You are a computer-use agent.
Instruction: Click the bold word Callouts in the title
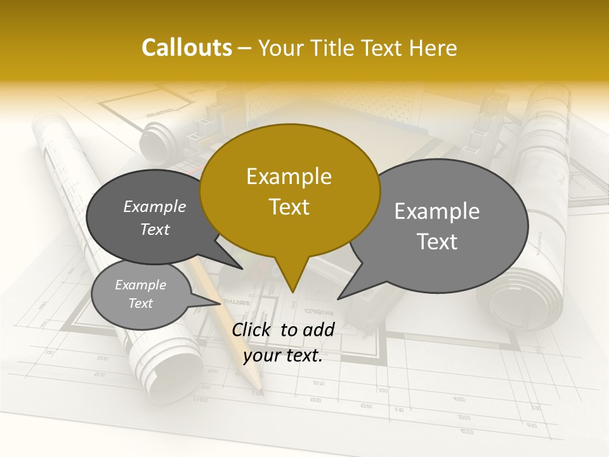click(187, 48)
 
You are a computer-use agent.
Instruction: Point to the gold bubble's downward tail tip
click(292, 291)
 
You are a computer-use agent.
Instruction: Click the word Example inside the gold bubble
click(289, 176)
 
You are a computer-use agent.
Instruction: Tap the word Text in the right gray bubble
click(437, 242)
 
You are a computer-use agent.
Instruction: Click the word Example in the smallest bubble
click(140, 285)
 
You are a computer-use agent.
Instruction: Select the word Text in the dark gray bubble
click(155, 230)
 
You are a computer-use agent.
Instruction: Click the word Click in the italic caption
click(252, 329)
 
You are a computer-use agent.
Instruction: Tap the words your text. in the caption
click(283, 356)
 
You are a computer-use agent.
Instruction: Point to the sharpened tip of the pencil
click(259, 388)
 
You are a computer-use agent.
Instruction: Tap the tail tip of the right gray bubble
click(338, 298)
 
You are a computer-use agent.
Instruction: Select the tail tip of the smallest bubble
click(220, 303)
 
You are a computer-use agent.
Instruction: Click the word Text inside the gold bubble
click(289, 207)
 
